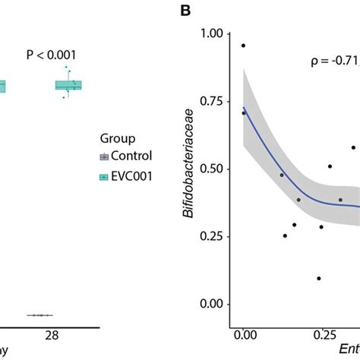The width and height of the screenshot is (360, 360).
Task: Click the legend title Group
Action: coord(118,139)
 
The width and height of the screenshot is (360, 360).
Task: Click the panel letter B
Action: coord(184,11)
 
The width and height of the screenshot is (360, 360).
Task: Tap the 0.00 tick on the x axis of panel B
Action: coord(244,334)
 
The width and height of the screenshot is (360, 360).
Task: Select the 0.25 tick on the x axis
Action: coord(324,334)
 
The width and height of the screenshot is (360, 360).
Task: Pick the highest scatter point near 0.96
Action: coord(244,46)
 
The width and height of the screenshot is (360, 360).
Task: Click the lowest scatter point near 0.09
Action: coord(318,279)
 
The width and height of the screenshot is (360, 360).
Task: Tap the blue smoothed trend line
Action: coord(281,178)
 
